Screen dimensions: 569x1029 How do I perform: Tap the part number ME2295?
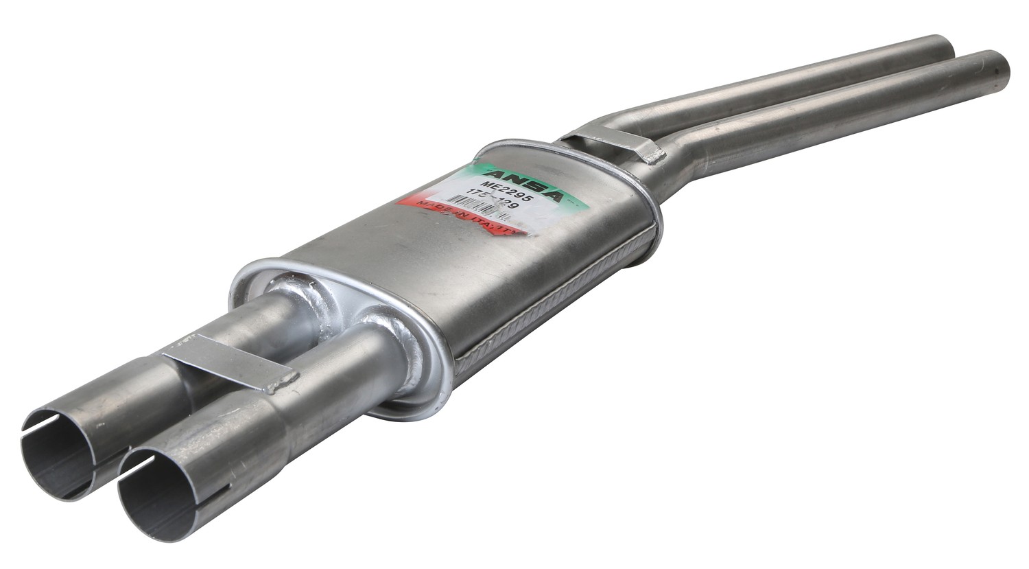coord(506,190)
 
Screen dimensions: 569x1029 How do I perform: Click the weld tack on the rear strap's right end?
coord(653,156)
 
